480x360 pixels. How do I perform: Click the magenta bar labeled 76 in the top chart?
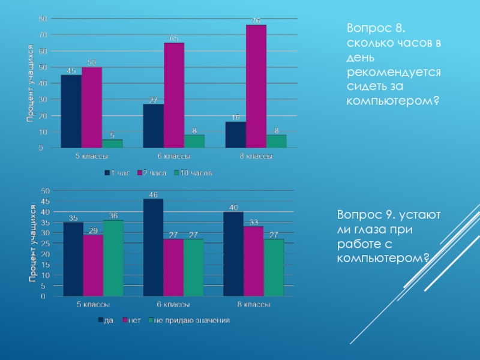(256, 86)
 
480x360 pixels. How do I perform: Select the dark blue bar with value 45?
(71, 111)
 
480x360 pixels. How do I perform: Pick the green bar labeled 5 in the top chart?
(112, 143)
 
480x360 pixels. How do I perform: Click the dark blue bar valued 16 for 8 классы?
(236, 134)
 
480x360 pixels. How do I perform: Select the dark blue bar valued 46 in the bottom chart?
(154, 247)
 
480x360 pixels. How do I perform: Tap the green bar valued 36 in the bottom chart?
(113, 258)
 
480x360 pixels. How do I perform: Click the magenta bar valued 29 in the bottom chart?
(93, 265)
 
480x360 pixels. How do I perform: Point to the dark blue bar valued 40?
(233, 254)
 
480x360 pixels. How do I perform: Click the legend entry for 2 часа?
(152, 173)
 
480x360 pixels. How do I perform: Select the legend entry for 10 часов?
(194, 173)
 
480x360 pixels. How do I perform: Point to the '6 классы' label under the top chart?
(174, 157)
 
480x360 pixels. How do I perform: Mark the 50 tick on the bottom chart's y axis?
(44, 191)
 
